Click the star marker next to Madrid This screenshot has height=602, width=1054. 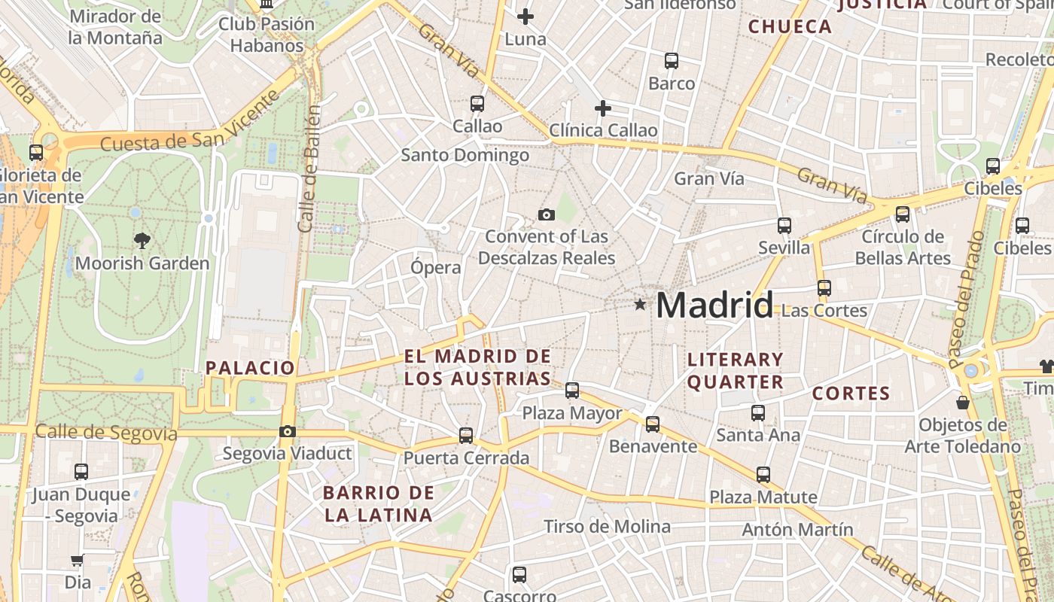click(x=640, y=305)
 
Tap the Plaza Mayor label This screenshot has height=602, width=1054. click(x=572, y=413)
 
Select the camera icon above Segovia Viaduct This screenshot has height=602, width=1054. click(x=287, y=431)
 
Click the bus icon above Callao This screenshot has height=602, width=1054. click(x=477, y=104)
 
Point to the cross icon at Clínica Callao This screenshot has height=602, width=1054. click(x=602, y=108)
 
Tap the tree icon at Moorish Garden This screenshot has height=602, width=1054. click(x=142, y=241)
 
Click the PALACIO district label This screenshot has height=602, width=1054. click(x=250, y=368)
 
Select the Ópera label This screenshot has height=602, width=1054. click(x=436, y=267)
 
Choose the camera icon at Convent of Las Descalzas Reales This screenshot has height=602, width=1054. click(x=547, y=215)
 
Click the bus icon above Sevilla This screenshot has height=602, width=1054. click(x=784, y=225)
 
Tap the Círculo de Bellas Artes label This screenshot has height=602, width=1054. click(x=903, y=248)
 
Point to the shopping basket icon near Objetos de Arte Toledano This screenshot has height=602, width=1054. click(x=962, y=403)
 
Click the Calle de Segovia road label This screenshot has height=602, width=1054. click(x=106, y=433)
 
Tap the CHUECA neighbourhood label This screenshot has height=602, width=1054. click(x=790, y=27)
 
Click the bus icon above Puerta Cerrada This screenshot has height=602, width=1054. click(x=466, y=435)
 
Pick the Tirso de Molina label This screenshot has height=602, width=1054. click(x=607, y=527)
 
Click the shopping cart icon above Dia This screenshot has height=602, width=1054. click(x=77, y=561)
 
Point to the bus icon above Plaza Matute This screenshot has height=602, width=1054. click(x=763, y=475)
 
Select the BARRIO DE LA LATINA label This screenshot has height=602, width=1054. click(x=379, y=504)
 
